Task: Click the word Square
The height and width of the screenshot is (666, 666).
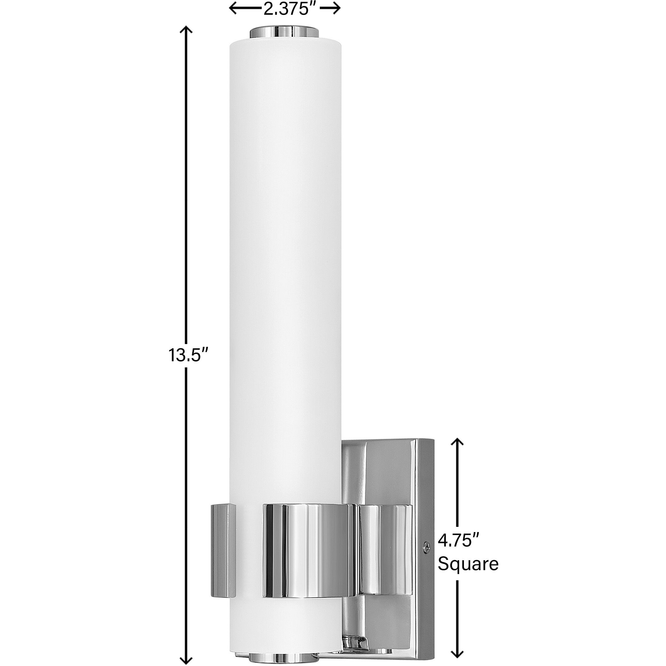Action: (468, 574)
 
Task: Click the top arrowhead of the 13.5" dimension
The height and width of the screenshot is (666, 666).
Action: (186, 29)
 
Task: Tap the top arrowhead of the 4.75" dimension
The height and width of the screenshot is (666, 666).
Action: (457, 441)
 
